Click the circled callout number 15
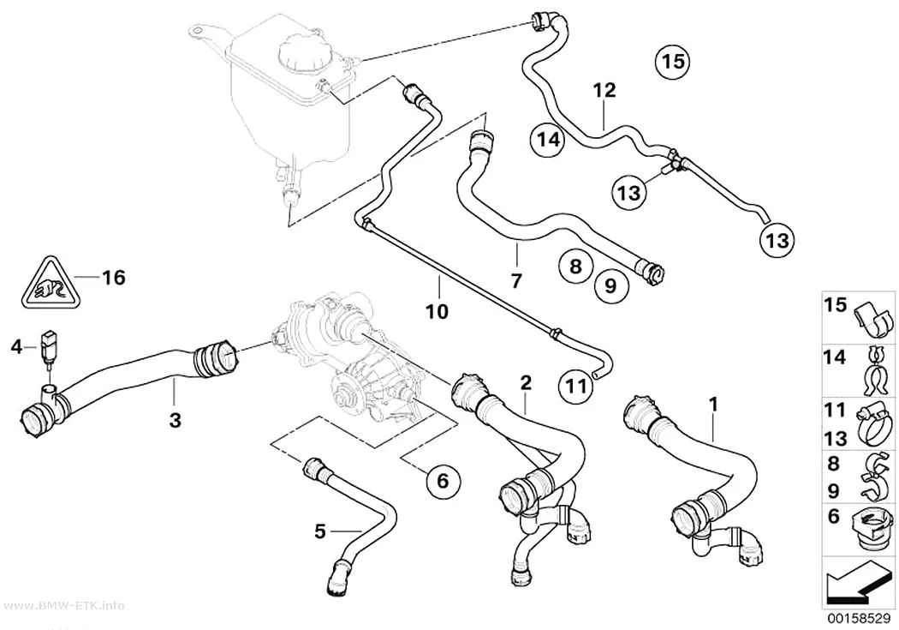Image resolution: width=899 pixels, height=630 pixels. pos(673,60)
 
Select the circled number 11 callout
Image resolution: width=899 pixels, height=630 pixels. pos(576,386)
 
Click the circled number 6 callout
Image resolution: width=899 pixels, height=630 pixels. pos(443,481)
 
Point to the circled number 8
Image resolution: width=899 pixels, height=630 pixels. pos(576,266)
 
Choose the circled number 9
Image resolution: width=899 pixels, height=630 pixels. pos(610,285)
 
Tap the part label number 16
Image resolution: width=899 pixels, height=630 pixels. pos(113,278)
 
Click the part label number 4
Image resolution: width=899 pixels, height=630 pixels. pos(16,346)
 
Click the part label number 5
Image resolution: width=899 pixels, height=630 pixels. pos(320,532)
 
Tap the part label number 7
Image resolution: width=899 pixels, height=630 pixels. pos(516,281)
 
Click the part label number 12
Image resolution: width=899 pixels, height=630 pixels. pos(604,90)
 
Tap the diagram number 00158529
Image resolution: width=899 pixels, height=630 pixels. pos(858,618)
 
